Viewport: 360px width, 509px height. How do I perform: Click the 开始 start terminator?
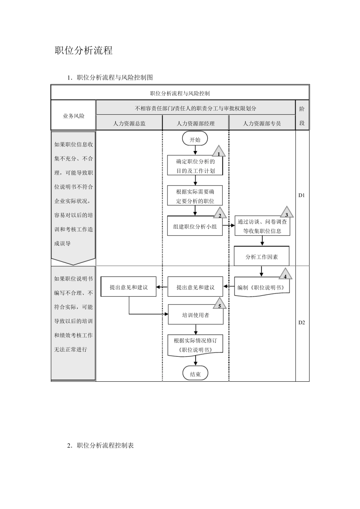[195, 139]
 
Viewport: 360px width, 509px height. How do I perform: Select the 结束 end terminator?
[195, 374]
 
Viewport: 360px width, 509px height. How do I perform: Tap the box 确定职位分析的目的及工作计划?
[195, 166]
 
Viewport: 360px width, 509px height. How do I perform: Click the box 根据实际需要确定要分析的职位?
[195, 196]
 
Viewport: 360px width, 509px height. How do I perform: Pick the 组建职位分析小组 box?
[195, 226]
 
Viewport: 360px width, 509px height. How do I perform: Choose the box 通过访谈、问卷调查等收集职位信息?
[262, 226]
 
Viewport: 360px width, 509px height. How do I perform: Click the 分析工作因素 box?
[261, 256]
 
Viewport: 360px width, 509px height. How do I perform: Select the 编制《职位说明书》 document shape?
[261, 287]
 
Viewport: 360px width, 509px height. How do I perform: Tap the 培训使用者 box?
[195, 315]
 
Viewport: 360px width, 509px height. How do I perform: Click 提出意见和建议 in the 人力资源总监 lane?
[129, 287]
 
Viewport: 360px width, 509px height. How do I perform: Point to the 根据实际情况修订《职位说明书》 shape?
[195, 345]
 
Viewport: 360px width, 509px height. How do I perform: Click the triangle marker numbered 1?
[219, 153]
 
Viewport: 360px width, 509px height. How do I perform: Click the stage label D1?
[302, 195]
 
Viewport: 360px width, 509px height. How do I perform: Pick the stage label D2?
[302, 323]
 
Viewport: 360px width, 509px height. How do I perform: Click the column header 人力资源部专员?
[262, 123]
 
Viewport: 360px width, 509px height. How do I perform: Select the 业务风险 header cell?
[74, 116]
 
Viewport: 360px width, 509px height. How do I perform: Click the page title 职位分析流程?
[84, 50]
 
